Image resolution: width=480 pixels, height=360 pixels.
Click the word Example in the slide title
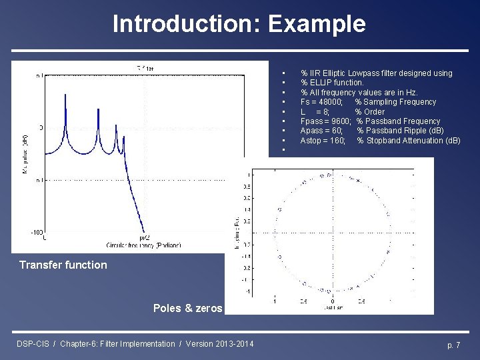[x=316, y=23]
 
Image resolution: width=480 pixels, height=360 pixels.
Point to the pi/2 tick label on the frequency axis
[x=144, y=238]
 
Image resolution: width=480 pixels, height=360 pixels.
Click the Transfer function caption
[x=63, y=265]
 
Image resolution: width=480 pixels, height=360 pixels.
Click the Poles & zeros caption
[x=187, y=308]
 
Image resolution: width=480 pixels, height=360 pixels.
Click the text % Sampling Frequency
[x=395, y=102]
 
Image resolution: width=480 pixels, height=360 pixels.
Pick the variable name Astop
[x=311, y=141]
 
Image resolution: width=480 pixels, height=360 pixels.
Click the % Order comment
[x=369, y=112]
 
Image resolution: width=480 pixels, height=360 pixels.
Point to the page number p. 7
[x=453, y=344]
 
